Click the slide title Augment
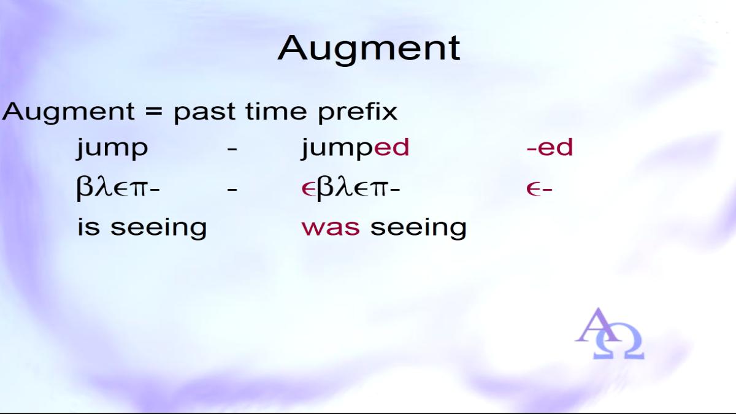[369, 49]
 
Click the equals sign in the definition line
[154, 112]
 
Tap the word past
[204, 112]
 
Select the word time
[276, 112]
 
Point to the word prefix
[358, 112]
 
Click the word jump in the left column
[112, 148]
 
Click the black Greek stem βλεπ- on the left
[118, 188]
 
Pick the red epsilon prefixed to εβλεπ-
[309, 190]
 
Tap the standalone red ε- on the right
[539, 190]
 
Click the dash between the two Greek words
[232, 190]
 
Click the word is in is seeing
[89, 226]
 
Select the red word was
[331, 228]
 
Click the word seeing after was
[418, 228]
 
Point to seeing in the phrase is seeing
[159, 228]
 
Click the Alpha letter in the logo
[598, 325]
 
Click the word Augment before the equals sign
[68, 112]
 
